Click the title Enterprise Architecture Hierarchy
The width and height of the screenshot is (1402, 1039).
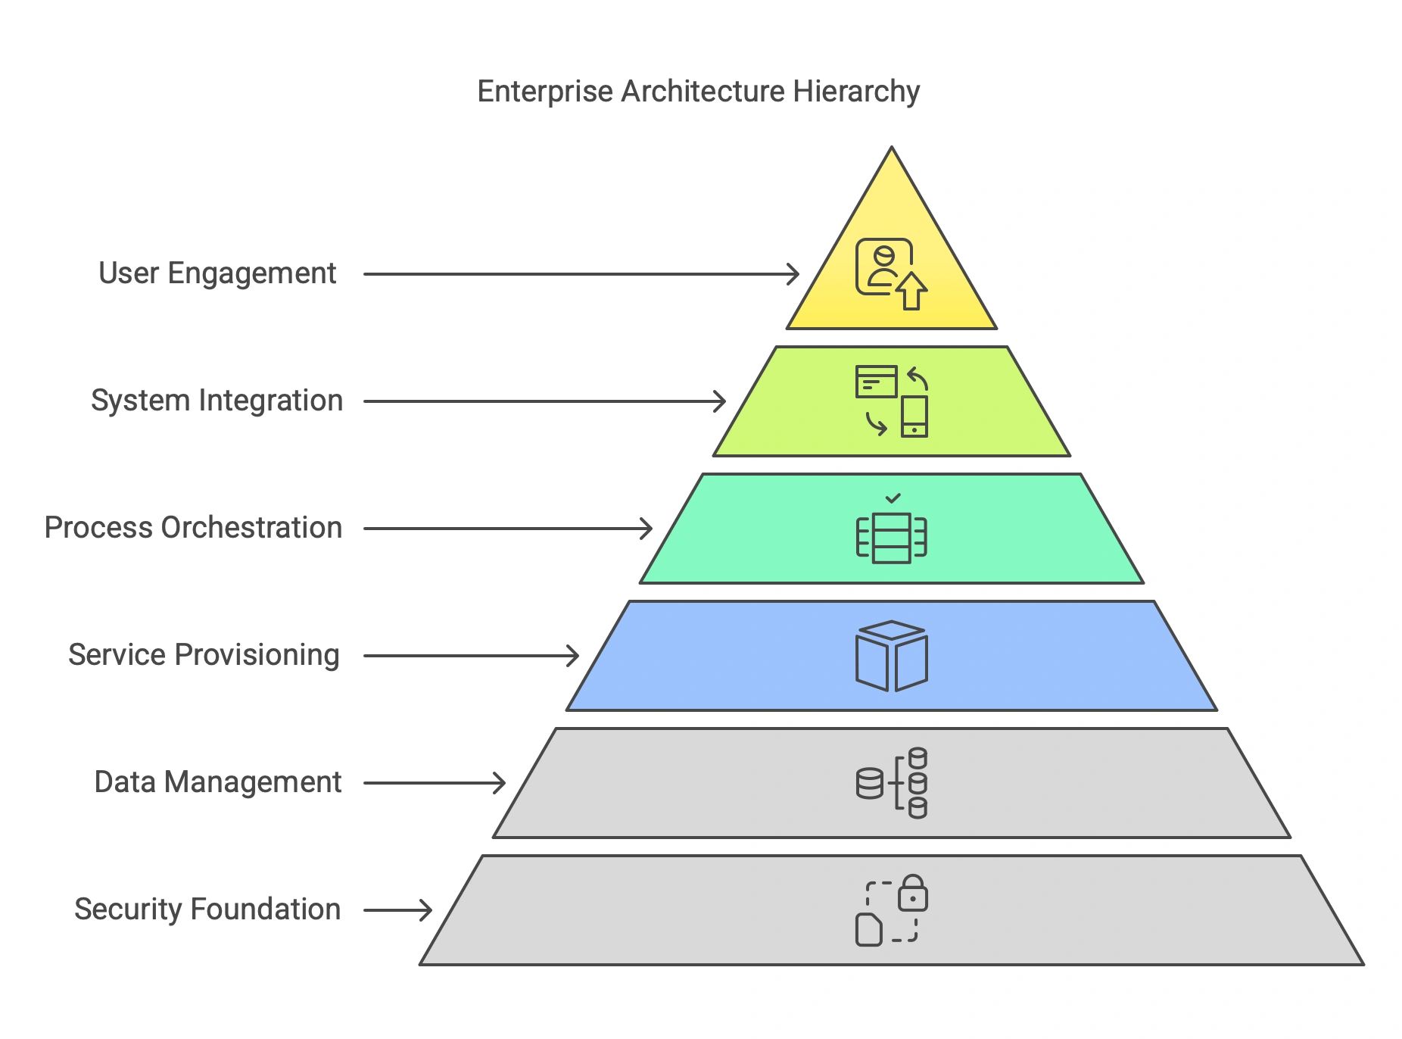698,92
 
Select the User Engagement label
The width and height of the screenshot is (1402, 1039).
217,273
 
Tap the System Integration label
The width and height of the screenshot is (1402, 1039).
217,401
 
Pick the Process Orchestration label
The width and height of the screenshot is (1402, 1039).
193,528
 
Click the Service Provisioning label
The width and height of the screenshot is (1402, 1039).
204,655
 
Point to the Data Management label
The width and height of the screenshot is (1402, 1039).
217,782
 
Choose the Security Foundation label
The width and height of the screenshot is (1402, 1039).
207,909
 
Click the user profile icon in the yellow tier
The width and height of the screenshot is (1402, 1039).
883,267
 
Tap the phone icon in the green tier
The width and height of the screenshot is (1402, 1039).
914,417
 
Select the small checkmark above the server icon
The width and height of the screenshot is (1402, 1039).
893,498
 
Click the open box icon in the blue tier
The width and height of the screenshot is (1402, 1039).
892,656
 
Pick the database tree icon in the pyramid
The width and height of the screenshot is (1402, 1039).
892,783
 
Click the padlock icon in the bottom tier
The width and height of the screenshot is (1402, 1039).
913,893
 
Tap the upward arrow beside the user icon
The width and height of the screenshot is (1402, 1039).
911,292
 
